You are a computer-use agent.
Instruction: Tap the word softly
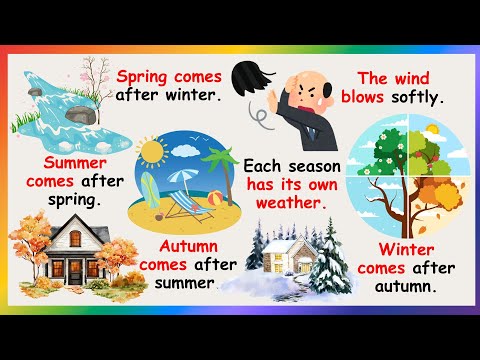[x=417, y=98]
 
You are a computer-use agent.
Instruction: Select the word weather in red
[x=291, y=203]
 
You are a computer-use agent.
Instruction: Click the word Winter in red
[x=406, y=250]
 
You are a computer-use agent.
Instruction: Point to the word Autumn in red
[x=189, y=247]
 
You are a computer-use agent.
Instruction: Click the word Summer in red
[x=75, y=163]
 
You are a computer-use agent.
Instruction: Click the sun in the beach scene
[x=152, y=152]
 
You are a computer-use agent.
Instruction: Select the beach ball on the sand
[x=215, y=198]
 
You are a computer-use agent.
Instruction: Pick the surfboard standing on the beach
[x=148, y=191]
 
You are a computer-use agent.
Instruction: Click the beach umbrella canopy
[x=182, y=176]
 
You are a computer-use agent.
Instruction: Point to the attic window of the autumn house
[x=75, y=238]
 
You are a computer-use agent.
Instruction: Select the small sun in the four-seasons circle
[x=432, y=129]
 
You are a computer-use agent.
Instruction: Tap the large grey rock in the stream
[x=82, y=114]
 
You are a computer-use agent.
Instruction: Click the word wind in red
[x=412, y=79]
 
